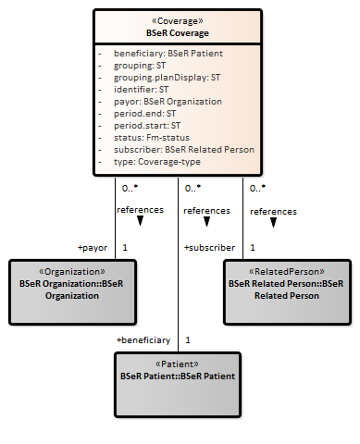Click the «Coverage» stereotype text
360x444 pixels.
pos(178,21)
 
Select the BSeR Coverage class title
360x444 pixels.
pos(178,33)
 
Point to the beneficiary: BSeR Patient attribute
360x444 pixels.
pos(168,54)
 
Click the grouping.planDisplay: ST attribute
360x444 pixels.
pos(167,78)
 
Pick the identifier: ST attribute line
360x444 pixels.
pos(141,90)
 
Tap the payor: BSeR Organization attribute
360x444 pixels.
pos(168,102)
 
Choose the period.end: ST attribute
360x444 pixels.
pos(144,114)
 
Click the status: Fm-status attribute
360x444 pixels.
pos(152,138)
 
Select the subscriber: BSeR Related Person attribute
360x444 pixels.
pos(184,150)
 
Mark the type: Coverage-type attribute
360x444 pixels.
pos(157,162)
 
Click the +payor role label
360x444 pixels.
pos(93,248)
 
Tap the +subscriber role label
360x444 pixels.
pos(209,248)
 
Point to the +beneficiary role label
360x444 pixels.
pos(143,340)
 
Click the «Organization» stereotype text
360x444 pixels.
pos(72,272)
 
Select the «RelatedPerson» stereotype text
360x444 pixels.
pos(287,272)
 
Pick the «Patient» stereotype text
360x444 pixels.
pos(177,364)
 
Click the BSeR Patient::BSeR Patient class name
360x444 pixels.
pos(178,376)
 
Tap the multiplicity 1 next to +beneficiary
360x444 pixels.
pos(188,340)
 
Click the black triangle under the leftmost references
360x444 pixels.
pos(140,220)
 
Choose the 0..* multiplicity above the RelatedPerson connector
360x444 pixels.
pos(257,188)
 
